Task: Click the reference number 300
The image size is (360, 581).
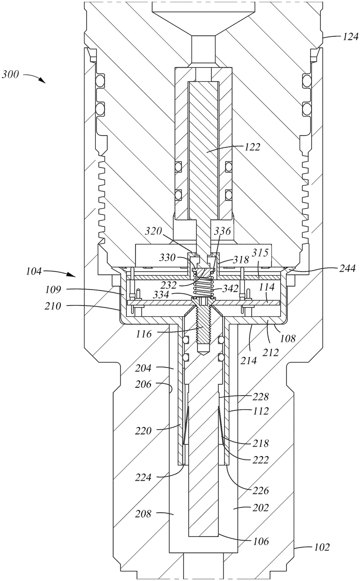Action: click(11, 75)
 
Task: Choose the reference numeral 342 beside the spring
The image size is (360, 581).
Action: click(231, 289)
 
